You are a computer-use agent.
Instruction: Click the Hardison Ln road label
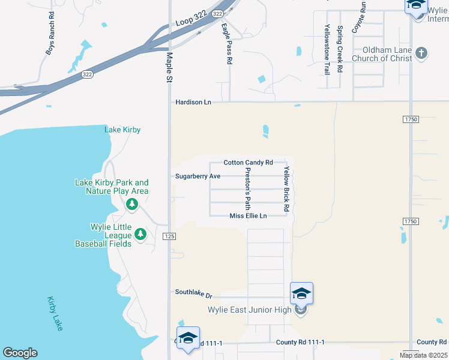click(x=193, y=102)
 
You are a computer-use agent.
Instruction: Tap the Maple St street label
click(x=169, y=67)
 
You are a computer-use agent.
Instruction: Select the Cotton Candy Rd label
click(x=248, y=163)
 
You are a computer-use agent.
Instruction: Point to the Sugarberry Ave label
click(x=197, y=176)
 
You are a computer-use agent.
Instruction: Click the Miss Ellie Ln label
click(x=248, y=216)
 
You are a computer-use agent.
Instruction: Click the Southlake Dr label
click(x=194, y=293)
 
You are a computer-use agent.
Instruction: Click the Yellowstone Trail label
click(x=327, y=49)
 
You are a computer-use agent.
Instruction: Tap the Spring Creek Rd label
click(x=340, y=49)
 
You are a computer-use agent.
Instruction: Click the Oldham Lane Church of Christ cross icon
click(x=421, y=53)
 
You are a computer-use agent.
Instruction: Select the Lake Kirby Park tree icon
click(x=132, y=205)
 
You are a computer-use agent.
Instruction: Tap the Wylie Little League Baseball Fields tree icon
click(x=140, y=234)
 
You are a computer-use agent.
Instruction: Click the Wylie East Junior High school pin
click(x=301, y=294)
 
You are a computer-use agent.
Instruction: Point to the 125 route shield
click(x=169, y=237)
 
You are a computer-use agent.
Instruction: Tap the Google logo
click(x=20, y=353)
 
